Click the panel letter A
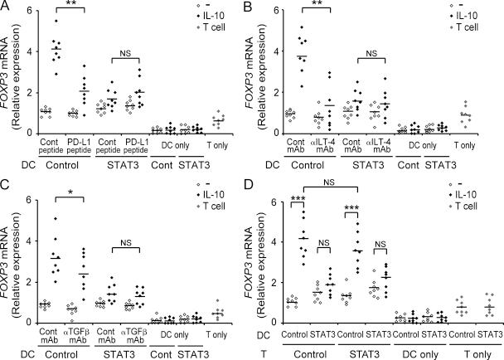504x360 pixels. (7, 8)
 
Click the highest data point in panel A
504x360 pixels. (56, 21)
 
